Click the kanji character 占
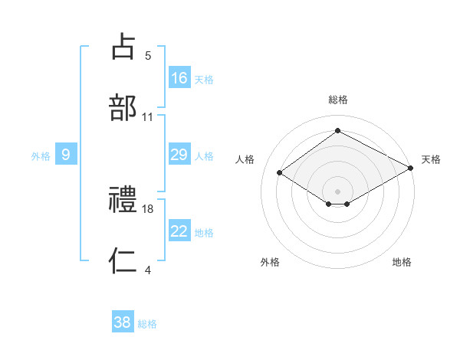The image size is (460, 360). coord(124,46)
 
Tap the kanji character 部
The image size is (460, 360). coord(124,107)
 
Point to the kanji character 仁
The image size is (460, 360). coord(124,261)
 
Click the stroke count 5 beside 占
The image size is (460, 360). coord(148,56)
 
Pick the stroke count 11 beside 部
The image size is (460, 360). coord(148,117)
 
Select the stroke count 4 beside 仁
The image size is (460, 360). coord(148,270)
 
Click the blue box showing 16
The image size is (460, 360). coord(179,78)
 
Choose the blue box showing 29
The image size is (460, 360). coord(179,155)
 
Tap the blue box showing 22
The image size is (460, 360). coord(179,232)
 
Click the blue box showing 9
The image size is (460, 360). coord(66,155)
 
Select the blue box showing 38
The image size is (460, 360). coord(122,322)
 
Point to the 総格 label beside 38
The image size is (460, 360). coord(147,324)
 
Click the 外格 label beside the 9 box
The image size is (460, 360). coord(41,156)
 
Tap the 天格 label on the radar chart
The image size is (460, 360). coord(431,159)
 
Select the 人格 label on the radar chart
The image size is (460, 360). coord(245,159)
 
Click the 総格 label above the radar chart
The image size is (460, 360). coord(338,100)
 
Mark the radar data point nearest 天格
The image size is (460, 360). coord(412,169)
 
